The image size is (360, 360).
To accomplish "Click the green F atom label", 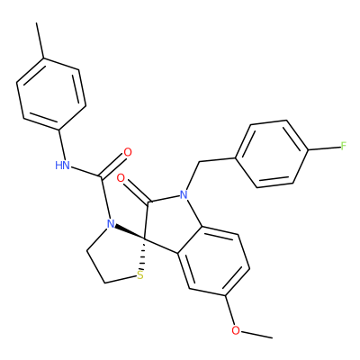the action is point(344,147).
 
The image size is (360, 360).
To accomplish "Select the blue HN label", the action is point(62,165).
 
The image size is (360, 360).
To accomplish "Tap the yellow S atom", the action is point(139,275).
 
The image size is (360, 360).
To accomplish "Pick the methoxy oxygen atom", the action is point(236,330).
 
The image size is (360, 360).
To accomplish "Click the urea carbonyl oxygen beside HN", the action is point(128,152).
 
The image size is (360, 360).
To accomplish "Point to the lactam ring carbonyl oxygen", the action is point(121,178).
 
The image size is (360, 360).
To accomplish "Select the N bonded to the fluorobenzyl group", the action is point(184,195).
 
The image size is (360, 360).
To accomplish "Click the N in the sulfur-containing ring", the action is point(111,223).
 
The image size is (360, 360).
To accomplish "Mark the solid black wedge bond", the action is point(130,232).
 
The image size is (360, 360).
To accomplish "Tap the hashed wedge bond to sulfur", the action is point(143,255).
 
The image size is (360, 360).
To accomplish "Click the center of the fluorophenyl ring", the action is point(272,154).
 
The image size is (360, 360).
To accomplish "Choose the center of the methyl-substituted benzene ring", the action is point(51,94).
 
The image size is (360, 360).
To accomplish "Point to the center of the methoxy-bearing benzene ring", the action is point(213,261).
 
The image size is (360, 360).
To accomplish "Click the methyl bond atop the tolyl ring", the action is point(40,40).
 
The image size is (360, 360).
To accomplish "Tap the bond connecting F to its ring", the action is point(324,148).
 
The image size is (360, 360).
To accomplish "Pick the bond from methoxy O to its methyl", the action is point(256,335).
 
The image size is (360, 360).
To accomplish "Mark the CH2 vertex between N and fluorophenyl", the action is point(199,162).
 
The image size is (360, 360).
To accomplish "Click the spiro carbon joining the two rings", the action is point(144,239).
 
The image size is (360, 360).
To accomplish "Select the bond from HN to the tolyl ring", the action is point(62,145).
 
